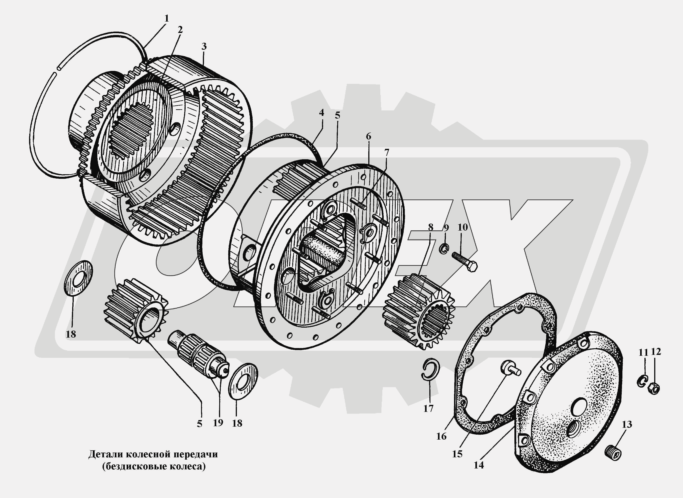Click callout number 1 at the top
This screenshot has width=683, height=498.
166,19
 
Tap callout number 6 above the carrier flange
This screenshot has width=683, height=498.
369,136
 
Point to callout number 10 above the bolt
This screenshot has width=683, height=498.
463,227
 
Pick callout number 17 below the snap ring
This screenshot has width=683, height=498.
428,408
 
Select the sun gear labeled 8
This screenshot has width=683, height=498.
419,311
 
